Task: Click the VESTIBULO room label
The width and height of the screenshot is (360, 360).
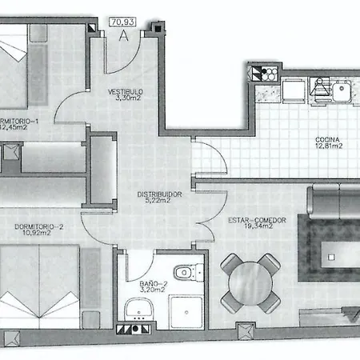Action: [125, 92]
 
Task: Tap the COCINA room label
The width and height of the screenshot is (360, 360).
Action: [328, 138]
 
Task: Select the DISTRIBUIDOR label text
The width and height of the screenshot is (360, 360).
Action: [157, 194]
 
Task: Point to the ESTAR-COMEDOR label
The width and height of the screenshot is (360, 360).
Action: [247, 220]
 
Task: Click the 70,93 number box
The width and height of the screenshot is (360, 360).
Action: [122, 22]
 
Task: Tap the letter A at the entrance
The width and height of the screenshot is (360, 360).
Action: [122, 35]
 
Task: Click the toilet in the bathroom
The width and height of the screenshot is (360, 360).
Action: [186, 274]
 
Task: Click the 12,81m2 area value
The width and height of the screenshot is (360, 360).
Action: [328, 146]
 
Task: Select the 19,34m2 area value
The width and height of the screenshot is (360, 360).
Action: [248, 228]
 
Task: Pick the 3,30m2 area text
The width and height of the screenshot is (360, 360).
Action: [125, 100]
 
